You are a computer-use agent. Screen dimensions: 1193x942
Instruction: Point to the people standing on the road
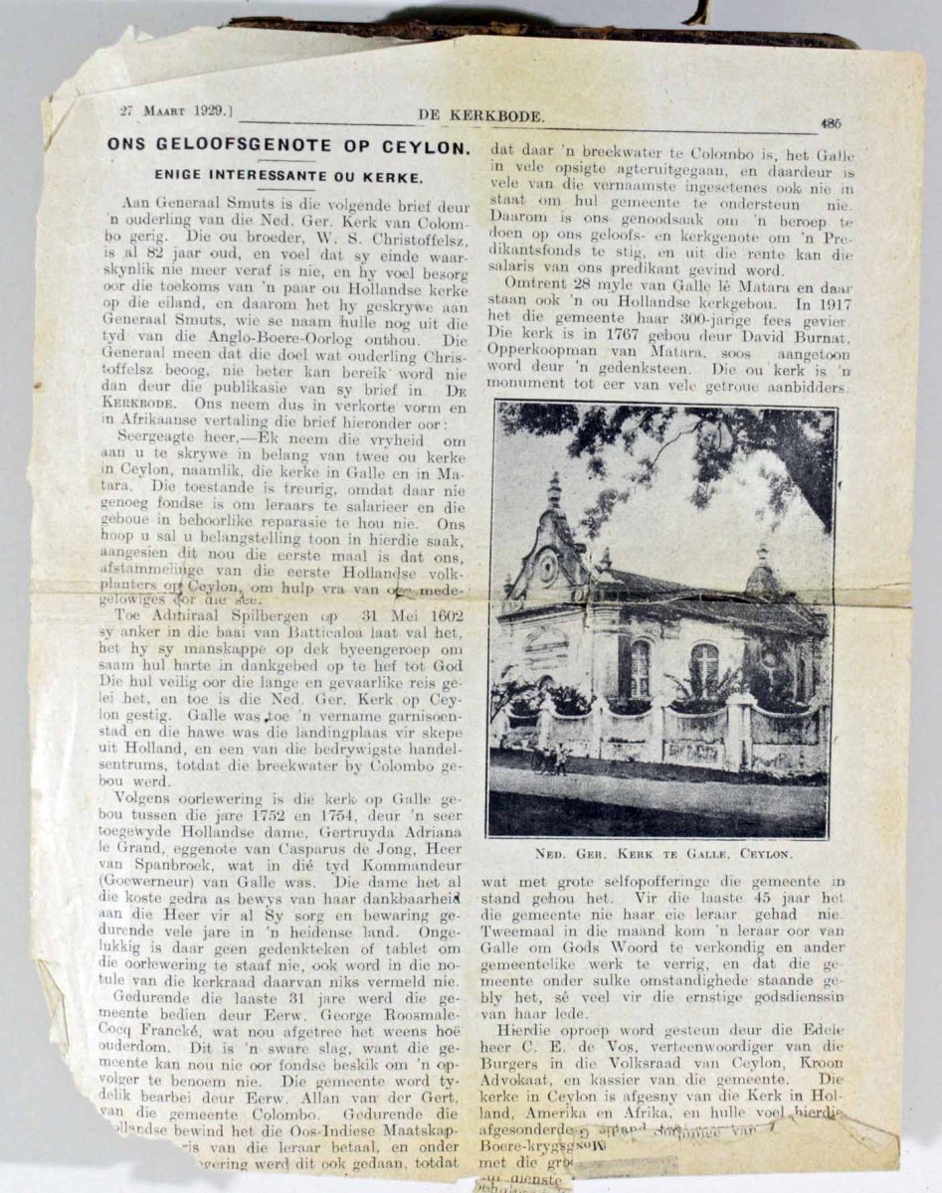[547, 758]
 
